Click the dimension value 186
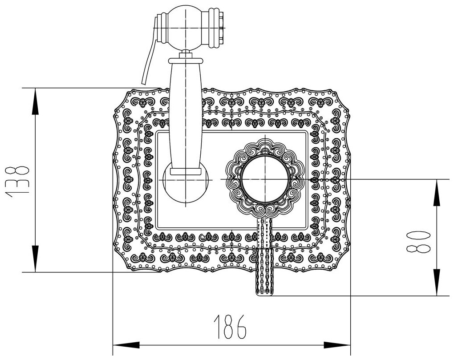(x=231, y=327)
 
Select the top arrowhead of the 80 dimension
(x=437, y=187)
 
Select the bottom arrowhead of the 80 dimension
(x=437, y=287)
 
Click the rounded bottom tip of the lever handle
(x=266, y=291)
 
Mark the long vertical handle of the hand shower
(x=185, y=116)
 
